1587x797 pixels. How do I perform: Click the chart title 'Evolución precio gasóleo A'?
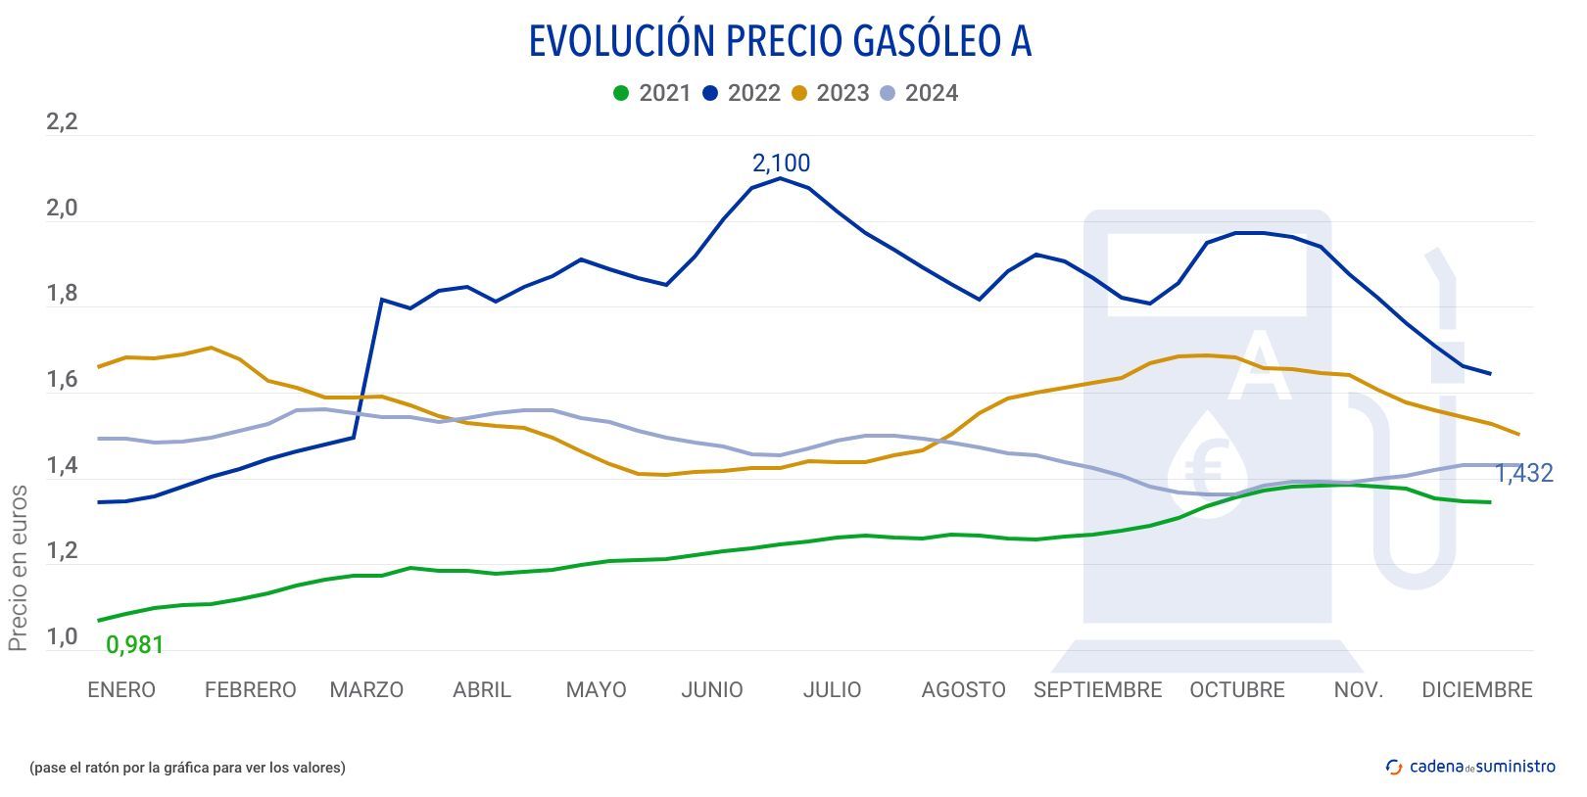(x=780, y=41)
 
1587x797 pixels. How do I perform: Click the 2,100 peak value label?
(x=781, y=163)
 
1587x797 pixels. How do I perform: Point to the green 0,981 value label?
(x=134, y=645)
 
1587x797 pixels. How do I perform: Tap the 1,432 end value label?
(x=1523, y=474)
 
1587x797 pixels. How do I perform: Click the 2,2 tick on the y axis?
(x=62, y=123)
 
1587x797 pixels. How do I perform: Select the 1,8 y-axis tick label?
(x=62, y=295)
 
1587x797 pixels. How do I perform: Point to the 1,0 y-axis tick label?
(x=62, y=637)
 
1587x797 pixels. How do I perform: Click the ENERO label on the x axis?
(x=121, y=690)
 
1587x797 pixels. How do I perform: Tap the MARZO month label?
(x=366, y=690)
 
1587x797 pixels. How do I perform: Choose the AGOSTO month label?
(x=963, y=690)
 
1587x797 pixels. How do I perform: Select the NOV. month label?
(x=1358, y=690)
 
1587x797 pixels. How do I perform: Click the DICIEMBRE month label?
(x=1476, y=690)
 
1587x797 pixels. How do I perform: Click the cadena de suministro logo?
(x=1470, y=767)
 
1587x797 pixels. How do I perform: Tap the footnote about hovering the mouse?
(x=187, y=768)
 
